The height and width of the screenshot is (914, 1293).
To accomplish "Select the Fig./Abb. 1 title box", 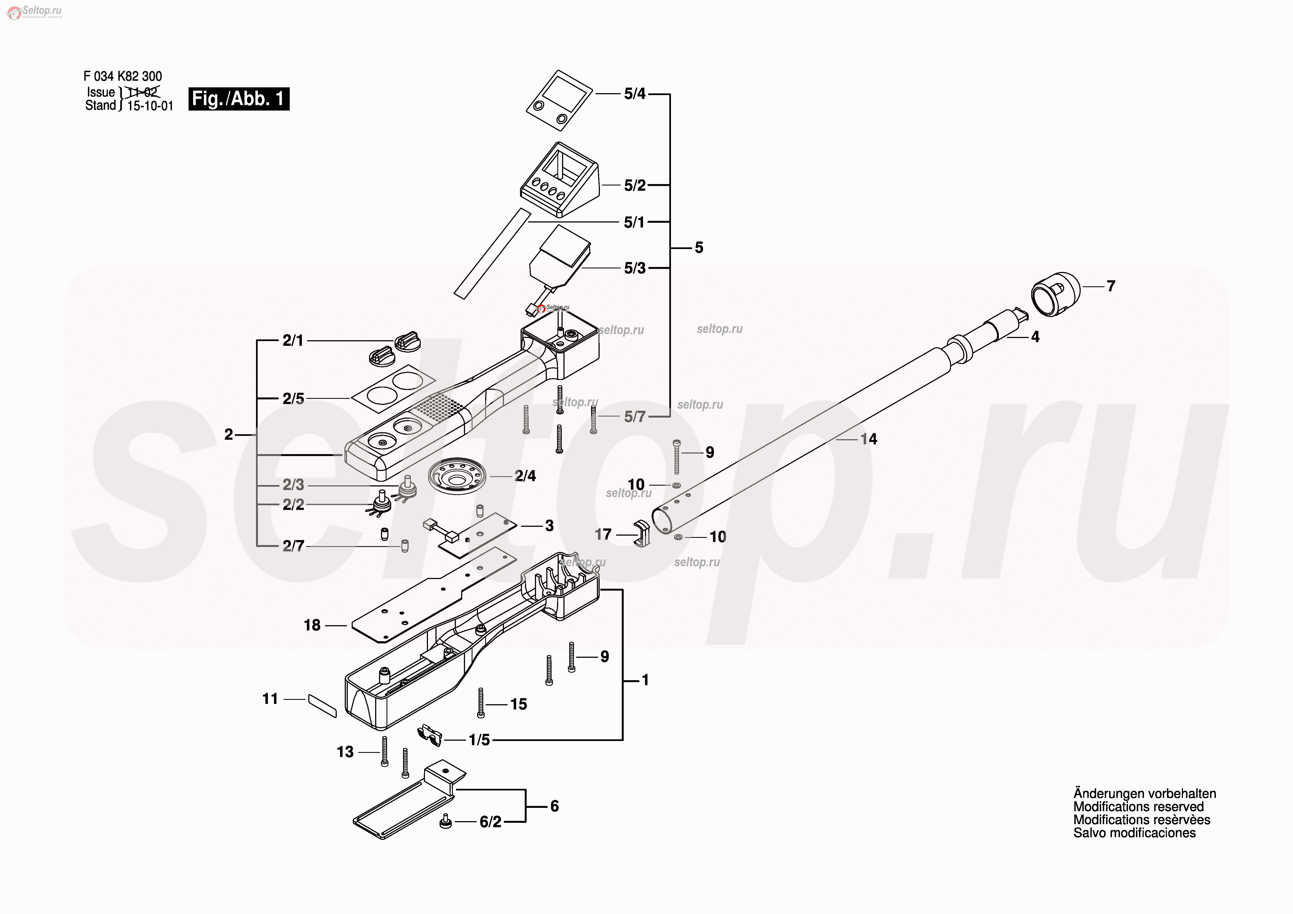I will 239,99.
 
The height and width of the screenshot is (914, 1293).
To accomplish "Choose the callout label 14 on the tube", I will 868,439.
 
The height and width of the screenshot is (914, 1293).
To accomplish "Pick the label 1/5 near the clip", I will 479,740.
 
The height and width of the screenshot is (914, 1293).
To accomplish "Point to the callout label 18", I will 312,625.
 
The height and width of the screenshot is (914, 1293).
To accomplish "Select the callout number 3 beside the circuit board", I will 549,526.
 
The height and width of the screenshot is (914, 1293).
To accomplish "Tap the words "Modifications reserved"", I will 1138,806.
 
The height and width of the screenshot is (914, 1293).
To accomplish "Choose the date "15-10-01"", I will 150,106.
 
